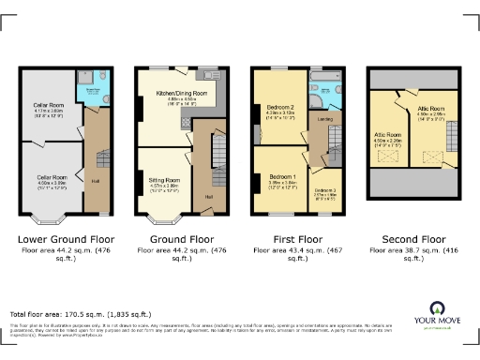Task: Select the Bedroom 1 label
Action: click(282, 177)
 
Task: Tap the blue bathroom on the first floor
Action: click(322, 94)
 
